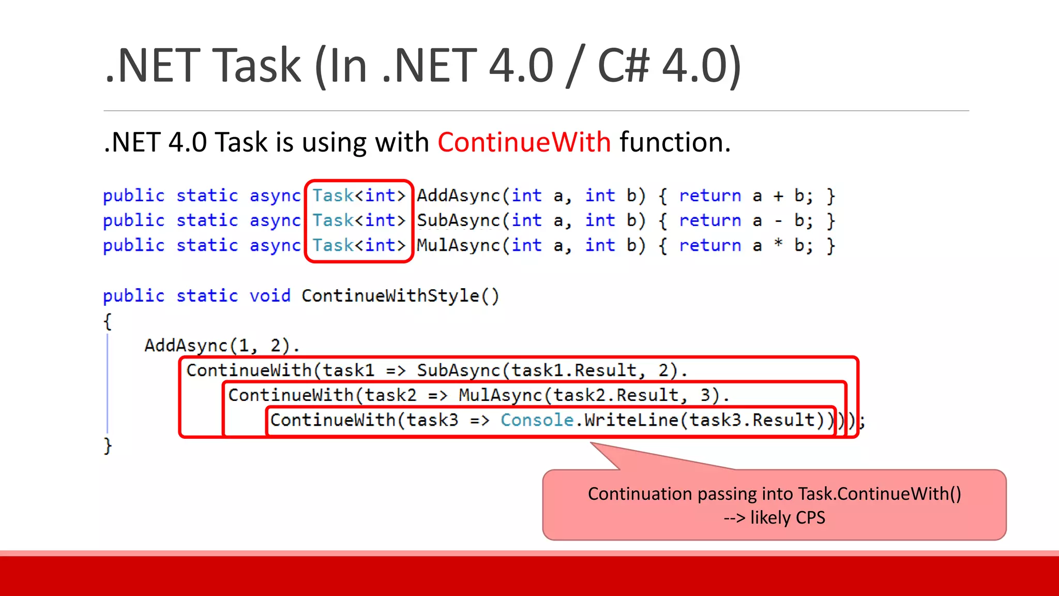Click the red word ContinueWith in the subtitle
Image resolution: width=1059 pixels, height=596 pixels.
tap(524, 142)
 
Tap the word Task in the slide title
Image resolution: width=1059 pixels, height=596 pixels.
tap(256, 66)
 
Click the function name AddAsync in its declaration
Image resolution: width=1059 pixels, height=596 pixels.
tap(458, 196)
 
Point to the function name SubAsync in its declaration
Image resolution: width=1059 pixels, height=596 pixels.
tap(458, 220)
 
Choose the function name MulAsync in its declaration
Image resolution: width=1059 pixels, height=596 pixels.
tap(458, 245)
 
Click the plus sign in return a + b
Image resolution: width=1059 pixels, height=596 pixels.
tap(778, 196)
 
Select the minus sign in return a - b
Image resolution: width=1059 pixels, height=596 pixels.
tap(778, 221)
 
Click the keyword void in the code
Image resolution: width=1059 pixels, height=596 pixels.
tap(270, 296)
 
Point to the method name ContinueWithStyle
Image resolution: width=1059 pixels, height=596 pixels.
tap(390, 296)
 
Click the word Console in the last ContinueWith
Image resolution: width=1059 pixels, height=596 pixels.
tap(537, 420)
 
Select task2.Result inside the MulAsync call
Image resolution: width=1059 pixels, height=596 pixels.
tap(615, 395)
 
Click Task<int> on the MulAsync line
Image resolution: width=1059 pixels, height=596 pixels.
tap(358, 245)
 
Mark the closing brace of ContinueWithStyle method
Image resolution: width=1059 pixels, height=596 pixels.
tap(108, 445)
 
